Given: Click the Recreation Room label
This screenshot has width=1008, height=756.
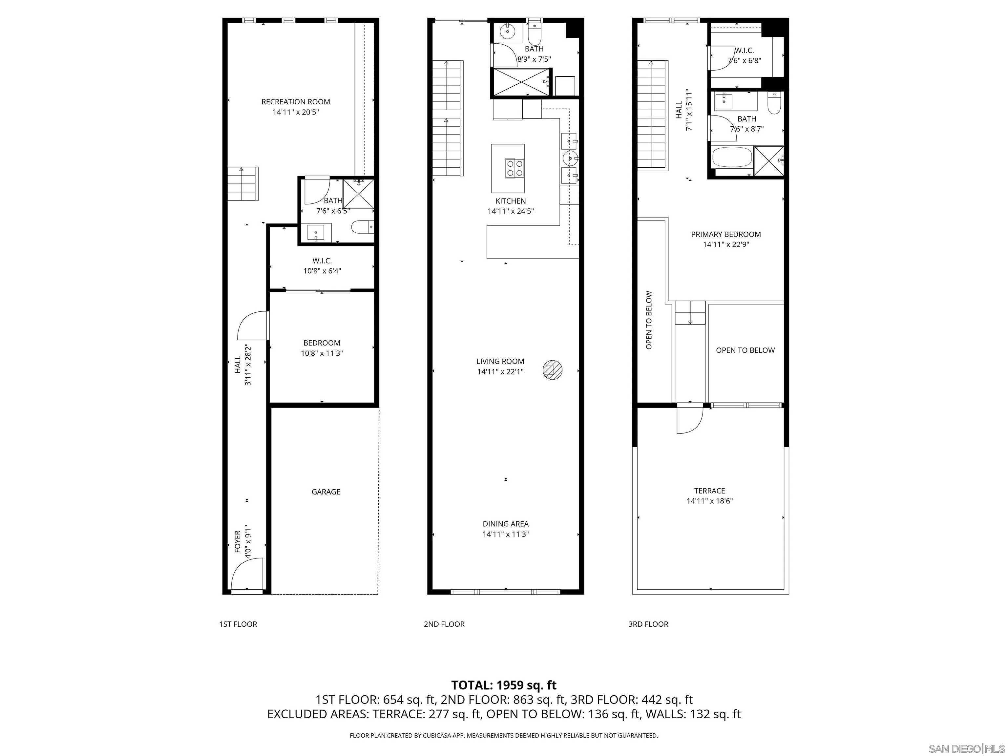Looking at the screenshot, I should (295, 102).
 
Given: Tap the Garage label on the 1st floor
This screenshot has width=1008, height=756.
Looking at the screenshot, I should (326, 492).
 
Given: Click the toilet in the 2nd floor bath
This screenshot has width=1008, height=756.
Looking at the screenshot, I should (534, 33).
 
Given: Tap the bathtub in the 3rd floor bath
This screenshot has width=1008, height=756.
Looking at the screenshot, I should (731, 157).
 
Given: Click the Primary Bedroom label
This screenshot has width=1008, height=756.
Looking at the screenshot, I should (725, 234).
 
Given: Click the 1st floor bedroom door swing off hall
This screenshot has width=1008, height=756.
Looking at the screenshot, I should (252, 325).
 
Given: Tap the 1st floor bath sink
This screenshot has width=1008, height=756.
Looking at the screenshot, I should (315, 232).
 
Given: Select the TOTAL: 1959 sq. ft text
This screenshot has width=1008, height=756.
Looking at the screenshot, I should (504, 685).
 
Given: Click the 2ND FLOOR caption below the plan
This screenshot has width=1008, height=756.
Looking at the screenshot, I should (444, 624).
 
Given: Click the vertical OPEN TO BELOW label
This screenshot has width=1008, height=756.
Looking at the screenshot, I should (649, 320).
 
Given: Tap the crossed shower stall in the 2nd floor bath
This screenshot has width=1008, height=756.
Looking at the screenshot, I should (520, 82).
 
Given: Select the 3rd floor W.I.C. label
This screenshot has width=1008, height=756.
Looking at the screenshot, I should (744, 51).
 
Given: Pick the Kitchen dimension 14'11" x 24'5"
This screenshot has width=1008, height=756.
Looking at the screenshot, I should (510, 211).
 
